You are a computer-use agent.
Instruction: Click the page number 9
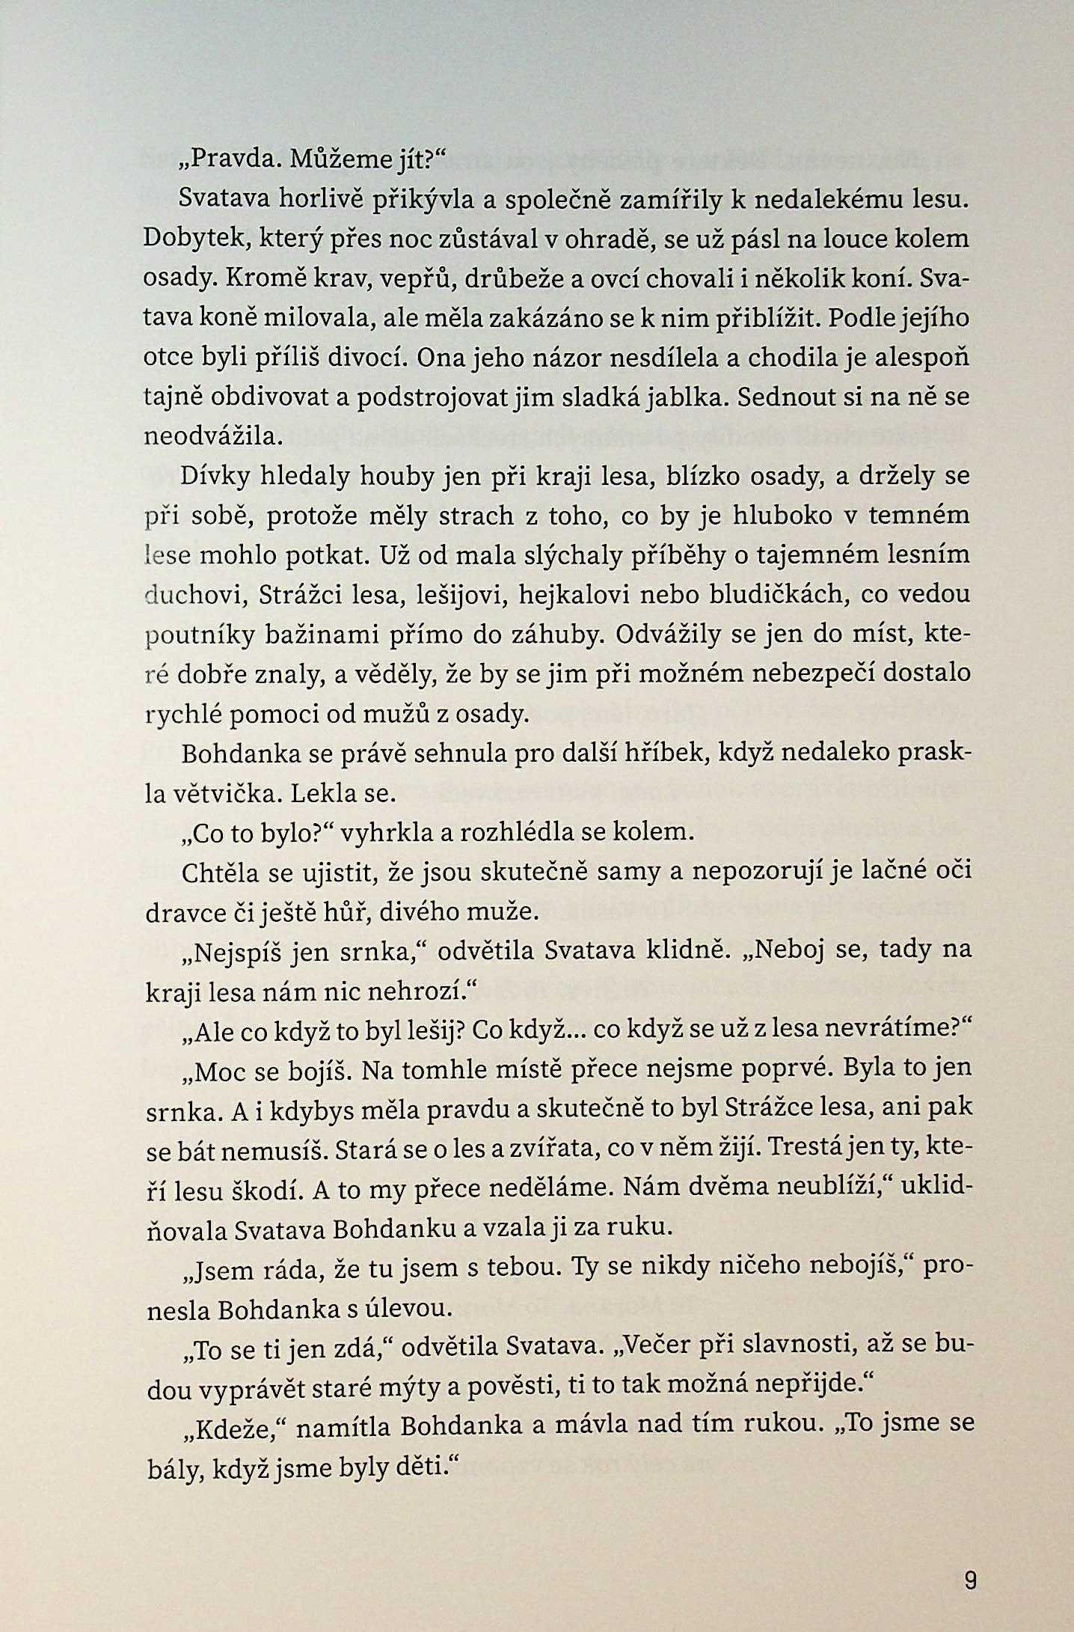click(x=970, y=1581)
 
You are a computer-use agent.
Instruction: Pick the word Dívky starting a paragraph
click(x=214, y=476)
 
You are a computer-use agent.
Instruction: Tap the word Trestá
click(x=818, y=1149)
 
